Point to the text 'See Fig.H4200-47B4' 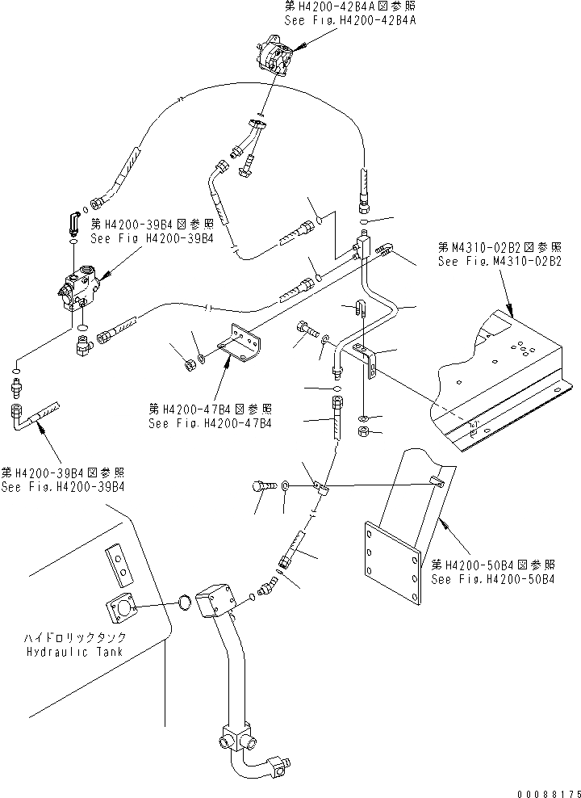coord(210,422)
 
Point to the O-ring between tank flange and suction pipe coord(185,603)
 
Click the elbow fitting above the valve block coord(72,220)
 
